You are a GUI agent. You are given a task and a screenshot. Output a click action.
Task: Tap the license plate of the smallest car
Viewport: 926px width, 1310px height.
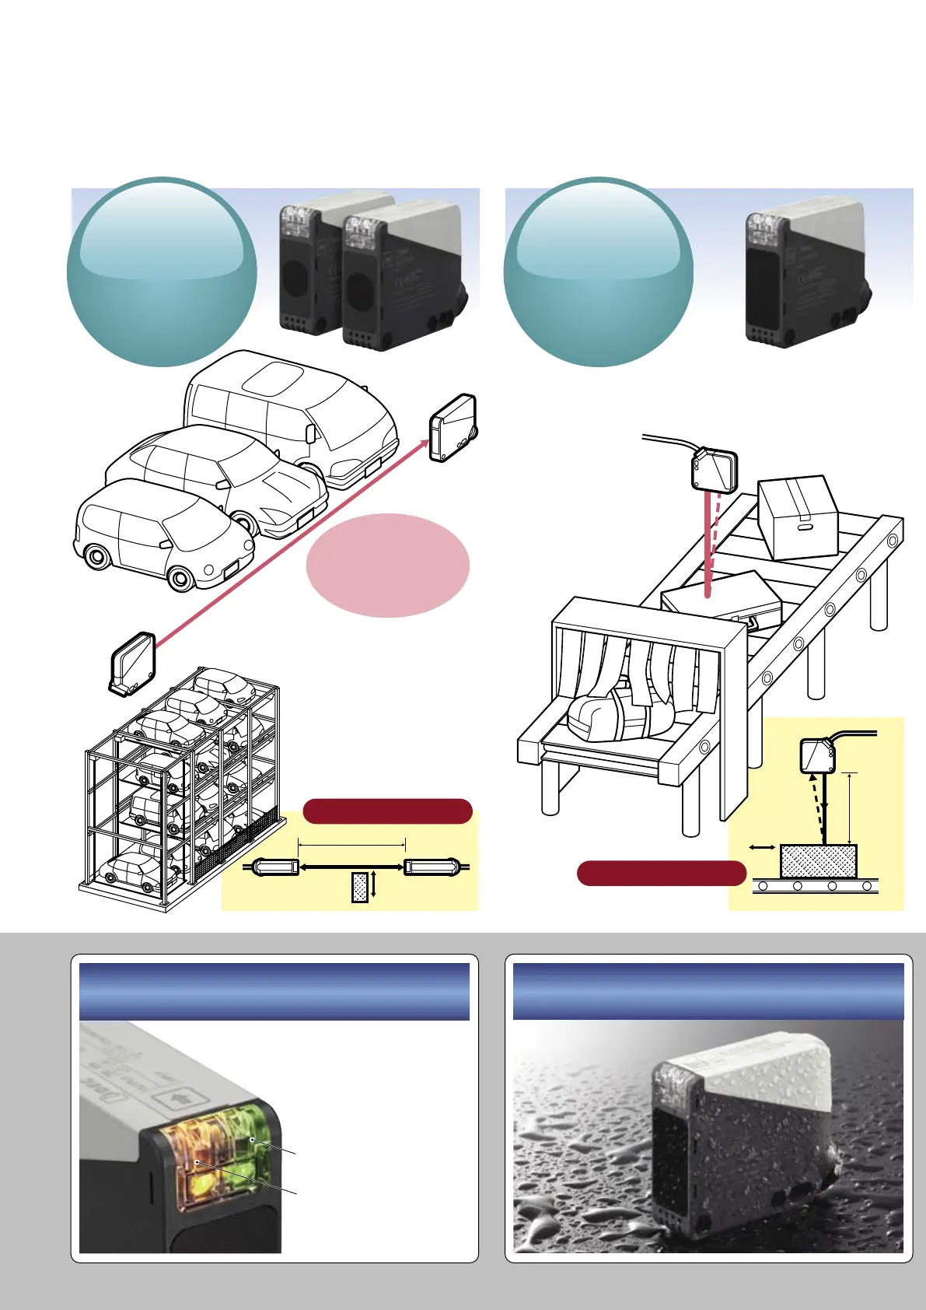(231, 571)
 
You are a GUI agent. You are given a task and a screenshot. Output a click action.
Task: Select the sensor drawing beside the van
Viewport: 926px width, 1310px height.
(453, 429)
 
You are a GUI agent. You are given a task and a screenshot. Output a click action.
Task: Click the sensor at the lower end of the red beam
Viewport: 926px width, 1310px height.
(133, 664)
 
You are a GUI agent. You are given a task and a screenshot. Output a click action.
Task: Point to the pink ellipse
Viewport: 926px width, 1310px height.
(388, 566)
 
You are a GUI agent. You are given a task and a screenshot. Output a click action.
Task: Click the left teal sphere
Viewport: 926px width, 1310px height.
(162, 272)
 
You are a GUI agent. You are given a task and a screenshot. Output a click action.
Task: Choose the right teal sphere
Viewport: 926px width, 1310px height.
(598, 272)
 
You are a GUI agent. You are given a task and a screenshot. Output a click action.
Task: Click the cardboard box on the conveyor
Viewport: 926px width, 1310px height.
(797, 517)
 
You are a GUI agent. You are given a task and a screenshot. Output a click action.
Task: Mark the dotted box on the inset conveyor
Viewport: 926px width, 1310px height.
(818, 862)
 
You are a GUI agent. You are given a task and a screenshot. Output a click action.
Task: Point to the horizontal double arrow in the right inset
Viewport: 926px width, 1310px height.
(761, 847)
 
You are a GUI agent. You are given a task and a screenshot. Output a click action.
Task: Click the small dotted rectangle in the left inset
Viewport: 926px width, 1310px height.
(360, 888)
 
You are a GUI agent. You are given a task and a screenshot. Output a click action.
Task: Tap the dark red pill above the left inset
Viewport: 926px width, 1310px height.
(387, 811)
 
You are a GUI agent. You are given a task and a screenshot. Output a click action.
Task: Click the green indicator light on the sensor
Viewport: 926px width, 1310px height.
(252, 1140)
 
